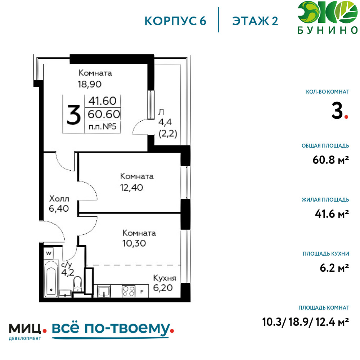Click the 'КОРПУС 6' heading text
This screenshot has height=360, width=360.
pos(175,21)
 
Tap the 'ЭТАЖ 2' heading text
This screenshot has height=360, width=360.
pos(255,21)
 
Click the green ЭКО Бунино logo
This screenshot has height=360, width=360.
pos(328,17)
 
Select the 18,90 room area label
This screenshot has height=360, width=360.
pos(90,84)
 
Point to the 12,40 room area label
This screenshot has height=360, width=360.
pos(131,188)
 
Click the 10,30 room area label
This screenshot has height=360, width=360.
pos(134,243)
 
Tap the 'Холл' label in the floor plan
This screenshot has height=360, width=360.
pos(59,198)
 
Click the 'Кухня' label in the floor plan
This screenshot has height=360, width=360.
pos(165,278)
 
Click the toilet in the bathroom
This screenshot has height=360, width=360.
pos(78,284)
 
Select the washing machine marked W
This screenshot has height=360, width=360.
pos(49,253)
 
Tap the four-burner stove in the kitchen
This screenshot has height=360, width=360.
pos(129,291)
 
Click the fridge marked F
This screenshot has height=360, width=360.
pos(142,291)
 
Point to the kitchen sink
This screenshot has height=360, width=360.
pos(104,291)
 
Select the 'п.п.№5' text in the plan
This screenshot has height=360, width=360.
pos(103,126)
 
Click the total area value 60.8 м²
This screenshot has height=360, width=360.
pos(330,160)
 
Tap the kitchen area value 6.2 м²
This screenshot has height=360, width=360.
pos(334,268)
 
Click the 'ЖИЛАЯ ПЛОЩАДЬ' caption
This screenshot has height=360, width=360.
pos(325,199)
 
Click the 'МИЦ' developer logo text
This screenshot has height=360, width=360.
pos(25,329)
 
